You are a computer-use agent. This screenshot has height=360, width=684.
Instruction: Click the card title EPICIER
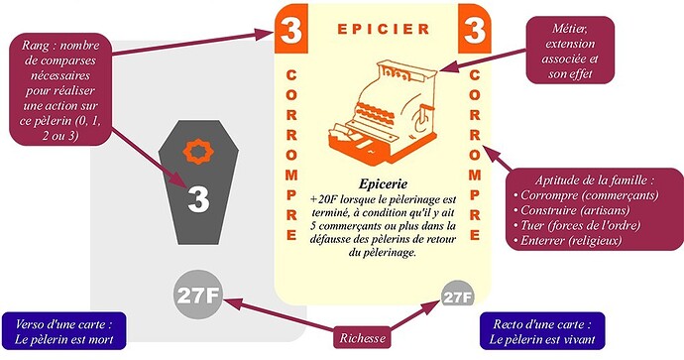click(x=384, y=29)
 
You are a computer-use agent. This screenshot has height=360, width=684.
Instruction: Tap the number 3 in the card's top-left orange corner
click(x=291, y=30)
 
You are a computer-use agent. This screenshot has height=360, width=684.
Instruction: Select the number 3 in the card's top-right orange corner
click(x=475, y=30)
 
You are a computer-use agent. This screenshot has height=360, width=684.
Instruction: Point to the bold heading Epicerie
click(x=383, y=183)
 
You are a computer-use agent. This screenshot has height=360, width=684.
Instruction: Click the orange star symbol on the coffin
click(x=198, y=152)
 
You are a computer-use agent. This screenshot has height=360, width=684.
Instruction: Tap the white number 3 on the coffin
click(x=198, y=199)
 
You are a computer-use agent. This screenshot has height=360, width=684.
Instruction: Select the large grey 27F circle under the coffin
click(x=197, y=296)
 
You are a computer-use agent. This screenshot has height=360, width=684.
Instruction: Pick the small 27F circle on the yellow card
click(x=458, y=298)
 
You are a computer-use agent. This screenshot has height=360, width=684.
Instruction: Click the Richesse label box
click(x=362, y=338)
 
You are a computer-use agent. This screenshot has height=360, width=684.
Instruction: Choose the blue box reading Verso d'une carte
click(x=64, y=331)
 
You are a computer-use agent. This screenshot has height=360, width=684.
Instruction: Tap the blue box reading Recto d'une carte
click(x=542, y=331)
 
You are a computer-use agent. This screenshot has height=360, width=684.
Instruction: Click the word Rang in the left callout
click(x=36, y=46)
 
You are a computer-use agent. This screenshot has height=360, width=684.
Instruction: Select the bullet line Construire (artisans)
click(x=571, y=210)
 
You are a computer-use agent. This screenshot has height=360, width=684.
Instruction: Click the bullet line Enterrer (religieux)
click(x=567, y=240)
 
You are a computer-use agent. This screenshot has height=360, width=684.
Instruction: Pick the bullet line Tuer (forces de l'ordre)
click(x=577, y=225)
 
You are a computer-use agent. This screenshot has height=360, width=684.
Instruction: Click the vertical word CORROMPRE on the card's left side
click(x=291, y=155)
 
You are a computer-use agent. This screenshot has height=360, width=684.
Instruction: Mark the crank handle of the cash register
click(x=419, y=118)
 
